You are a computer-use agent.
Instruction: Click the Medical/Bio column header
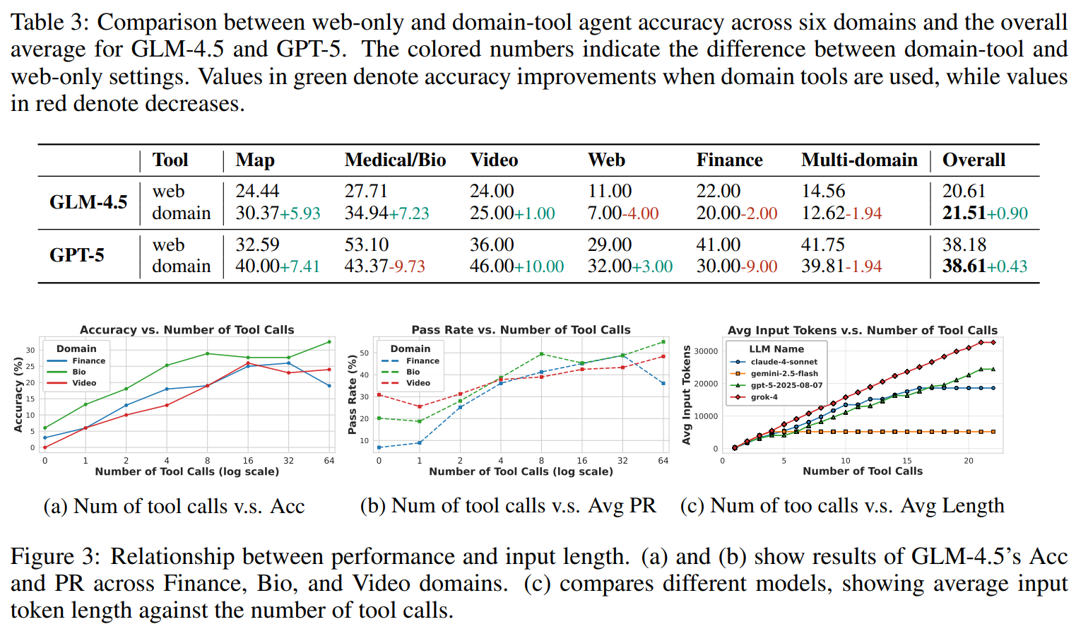395,160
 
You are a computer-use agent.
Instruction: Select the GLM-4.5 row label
88,202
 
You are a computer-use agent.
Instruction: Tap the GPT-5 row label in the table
76,255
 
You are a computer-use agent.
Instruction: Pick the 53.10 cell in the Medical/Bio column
366,245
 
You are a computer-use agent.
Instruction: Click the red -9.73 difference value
409,266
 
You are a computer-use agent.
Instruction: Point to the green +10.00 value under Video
539,266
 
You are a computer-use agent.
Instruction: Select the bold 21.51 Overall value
964,213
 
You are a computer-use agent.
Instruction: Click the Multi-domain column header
859,160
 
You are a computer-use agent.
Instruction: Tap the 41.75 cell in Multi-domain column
822,245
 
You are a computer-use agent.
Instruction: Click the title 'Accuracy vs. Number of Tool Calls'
187,330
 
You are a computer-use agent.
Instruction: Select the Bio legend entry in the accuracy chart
78,372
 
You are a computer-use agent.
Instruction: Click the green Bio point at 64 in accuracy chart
329,342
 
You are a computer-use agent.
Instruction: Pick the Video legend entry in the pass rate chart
418,383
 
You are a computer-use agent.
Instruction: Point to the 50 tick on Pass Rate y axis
365,353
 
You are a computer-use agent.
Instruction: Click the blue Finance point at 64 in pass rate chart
663,384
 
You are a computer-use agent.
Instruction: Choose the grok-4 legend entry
764,397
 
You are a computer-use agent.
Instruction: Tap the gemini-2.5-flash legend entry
784,373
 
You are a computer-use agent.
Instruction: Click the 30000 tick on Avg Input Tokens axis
706,351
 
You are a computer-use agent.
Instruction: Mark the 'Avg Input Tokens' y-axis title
686,395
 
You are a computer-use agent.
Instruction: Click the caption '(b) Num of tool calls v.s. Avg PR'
508,506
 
